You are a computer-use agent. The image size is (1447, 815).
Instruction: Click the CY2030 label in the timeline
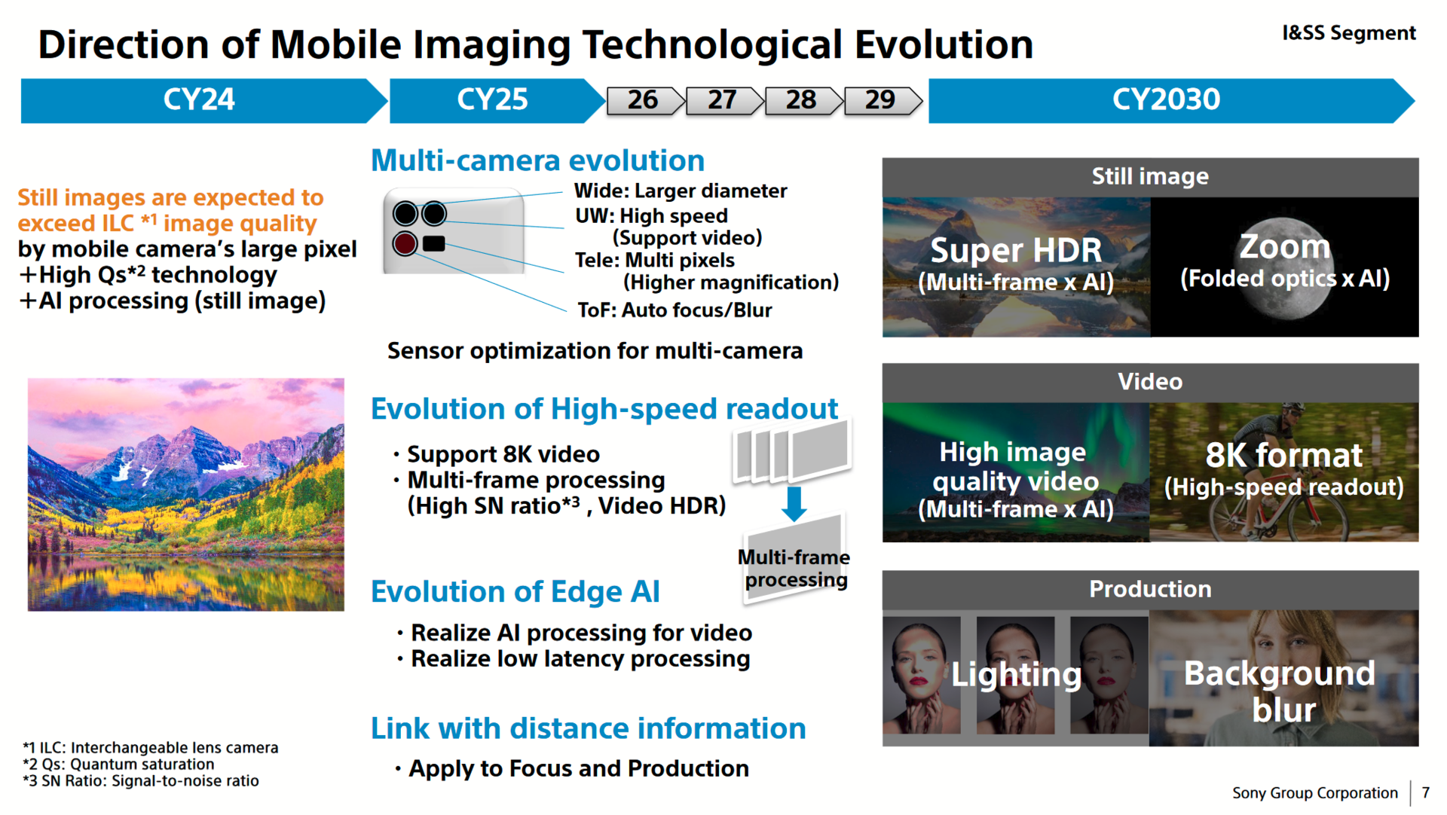[1166, 99]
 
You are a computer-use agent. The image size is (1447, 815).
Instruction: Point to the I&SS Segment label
[1349, 33]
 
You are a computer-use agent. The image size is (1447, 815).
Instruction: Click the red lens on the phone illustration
[405, 243]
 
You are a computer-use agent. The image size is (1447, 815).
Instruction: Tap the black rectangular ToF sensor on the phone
[434, 243]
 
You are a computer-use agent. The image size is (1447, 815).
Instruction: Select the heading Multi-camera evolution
[537, 160]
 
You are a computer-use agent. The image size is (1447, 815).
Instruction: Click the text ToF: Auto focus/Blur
[675, 310]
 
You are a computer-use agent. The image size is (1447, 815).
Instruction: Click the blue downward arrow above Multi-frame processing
[794, 504]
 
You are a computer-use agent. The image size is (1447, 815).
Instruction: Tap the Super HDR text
[1016, 250]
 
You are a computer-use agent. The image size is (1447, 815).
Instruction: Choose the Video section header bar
[1150, 383]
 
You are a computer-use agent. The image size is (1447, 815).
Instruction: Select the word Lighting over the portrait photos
[1016, 675]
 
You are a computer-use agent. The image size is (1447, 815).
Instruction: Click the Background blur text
[1280, 691]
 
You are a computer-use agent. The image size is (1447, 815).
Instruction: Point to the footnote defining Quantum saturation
[118, 765]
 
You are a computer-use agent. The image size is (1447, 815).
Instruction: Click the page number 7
[1425, 793]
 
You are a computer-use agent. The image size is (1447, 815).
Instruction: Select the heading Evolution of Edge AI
[515, 592]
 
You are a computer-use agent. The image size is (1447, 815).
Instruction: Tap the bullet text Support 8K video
[503, 454]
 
